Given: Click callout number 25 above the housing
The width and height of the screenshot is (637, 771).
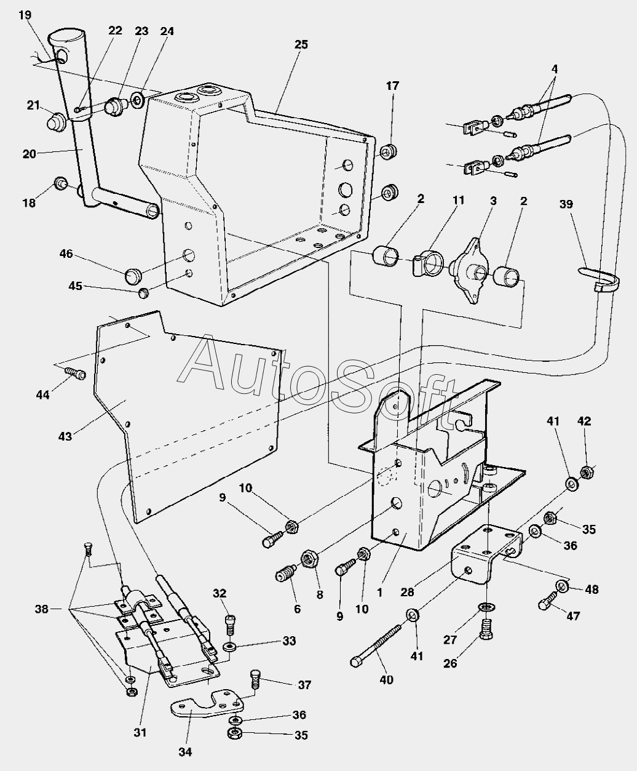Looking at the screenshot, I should pyautogui.click(x=301, y=44).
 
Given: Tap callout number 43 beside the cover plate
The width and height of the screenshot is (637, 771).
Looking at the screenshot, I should pyautogui.click(x=65, y=436).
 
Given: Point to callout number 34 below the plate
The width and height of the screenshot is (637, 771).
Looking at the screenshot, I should pyautogui.click(x=185, y=751).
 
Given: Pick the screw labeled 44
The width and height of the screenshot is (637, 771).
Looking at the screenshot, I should pyautogui.click(x=74, y=373).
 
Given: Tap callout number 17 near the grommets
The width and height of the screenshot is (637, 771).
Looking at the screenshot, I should pyautogui.click(x=392, y=86).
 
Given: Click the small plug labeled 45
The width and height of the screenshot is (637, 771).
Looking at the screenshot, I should pyautogui.click(x=143, y=293).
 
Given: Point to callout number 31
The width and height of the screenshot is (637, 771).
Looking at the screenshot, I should pyautogui.click(x=140, y=732).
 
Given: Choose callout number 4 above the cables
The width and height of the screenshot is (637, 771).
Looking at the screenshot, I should pyautogui.click(x=554, y=69).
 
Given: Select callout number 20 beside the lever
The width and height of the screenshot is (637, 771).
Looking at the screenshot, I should pyautogui.click(x=30, y=154).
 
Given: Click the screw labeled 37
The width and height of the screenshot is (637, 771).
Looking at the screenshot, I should pyautogui.click(x=256, y=680).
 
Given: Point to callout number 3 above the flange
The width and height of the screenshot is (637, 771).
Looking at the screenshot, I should pyautogui.click(x=493, y=201).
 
